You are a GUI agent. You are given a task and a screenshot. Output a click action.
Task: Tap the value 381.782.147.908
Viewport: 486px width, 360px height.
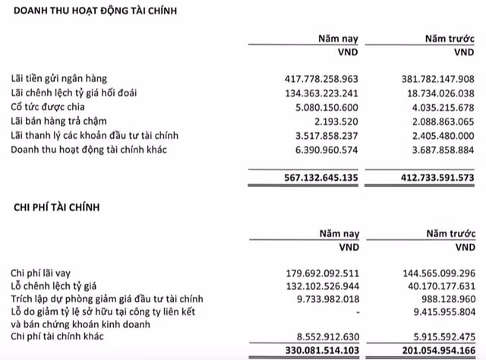(430, 79)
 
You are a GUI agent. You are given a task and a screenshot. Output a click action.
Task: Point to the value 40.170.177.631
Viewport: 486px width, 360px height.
(433, 286)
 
